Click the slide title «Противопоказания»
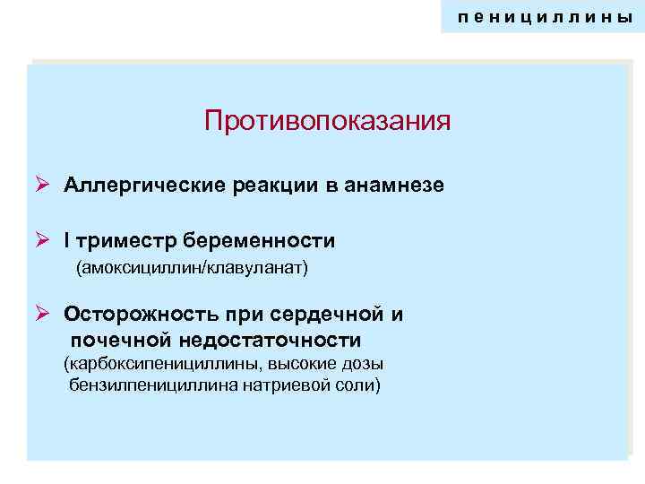click(x=327, y=120)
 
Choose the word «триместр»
click(x=125, y=241)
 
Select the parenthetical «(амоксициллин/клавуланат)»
click(x=192, y=267)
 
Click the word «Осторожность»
click(x=132, y=315)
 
